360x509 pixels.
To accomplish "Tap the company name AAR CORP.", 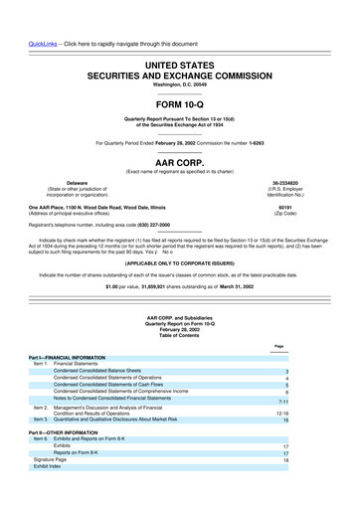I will point(179,157).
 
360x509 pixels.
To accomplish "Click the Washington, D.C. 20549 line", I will point(179,56).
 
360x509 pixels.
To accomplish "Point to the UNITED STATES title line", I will point(179,35).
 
